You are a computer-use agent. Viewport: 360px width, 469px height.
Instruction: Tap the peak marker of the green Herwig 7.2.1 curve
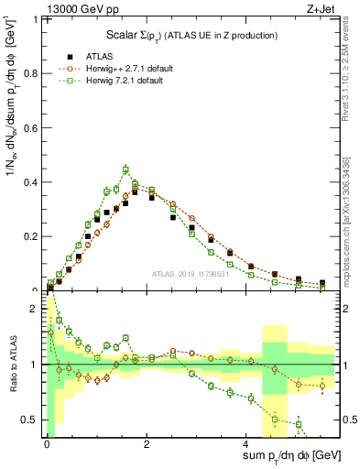coord(125,169)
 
